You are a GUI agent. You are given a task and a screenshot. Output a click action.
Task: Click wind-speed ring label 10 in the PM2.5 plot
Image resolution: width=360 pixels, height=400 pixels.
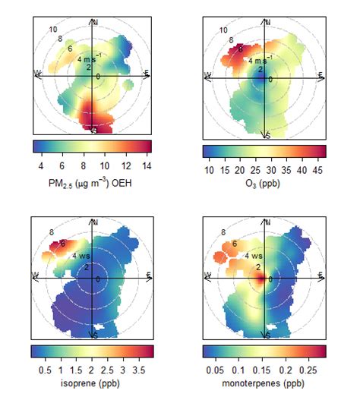click(53, 30)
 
